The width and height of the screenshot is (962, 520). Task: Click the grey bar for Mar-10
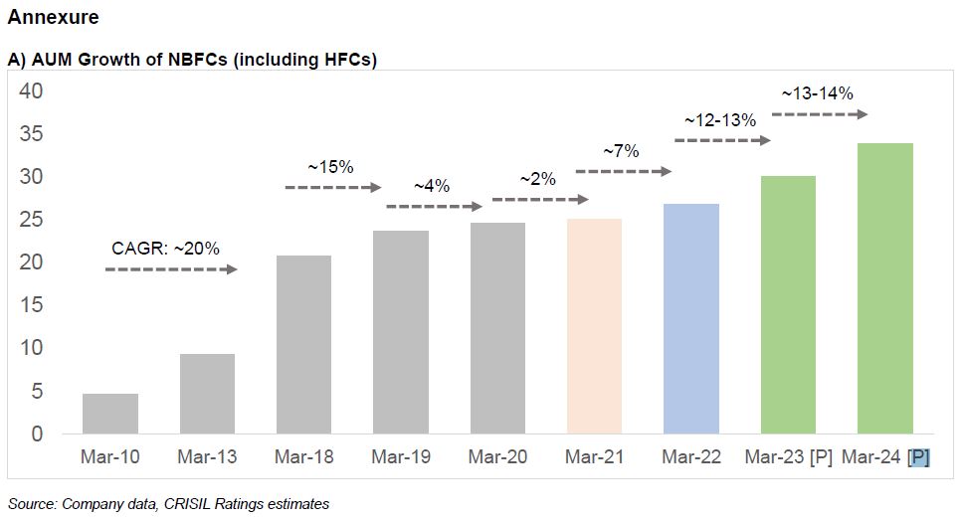109,414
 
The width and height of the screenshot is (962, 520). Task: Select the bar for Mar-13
207,394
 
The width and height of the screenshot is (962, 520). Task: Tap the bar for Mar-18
303,344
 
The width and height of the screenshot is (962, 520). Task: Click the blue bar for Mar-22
690,318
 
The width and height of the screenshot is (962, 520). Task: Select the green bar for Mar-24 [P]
884,288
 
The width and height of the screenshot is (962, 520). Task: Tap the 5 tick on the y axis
37,392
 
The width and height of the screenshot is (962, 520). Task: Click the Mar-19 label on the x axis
400,457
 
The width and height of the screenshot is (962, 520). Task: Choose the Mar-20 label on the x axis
496,457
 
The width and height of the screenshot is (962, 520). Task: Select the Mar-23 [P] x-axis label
788,457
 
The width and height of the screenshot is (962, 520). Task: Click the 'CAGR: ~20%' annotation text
165,248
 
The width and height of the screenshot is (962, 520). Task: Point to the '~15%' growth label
330,166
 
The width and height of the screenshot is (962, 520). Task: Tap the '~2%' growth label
537,179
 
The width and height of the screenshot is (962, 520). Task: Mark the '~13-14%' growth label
817,93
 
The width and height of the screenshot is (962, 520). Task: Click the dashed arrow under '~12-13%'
722,141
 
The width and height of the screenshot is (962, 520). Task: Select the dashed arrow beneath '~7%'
624,172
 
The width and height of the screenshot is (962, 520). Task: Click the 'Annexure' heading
53,18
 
